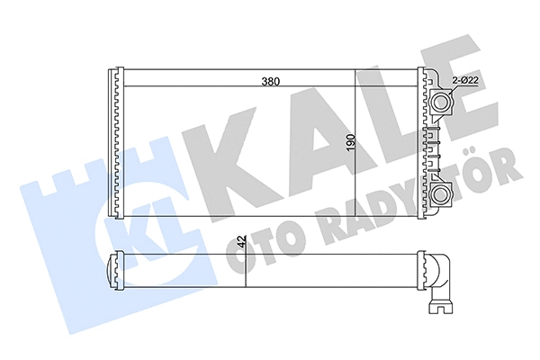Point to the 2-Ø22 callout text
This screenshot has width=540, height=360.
coord(465,81)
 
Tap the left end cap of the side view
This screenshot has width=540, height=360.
coord(114,269)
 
